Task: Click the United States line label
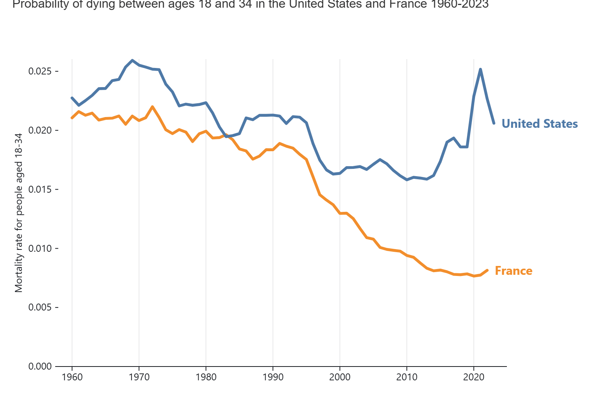click(539, 124)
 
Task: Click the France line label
click(513, 271)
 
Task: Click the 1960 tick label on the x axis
click(72, 377)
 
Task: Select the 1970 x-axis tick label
click(139, 377)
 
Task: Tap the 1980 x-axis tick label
click(206, 377)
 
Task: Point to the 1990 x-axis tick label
click(273, 377)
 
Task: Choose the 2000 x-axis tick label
click(340, 377)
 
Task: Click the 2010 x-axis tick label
click(407, 377)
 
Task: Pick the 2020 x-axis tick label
click(474, 377)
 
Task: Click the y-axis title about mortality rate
click(19, 213)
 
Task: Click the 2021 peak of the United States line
click(480, 69)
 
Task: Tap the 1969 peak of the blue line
click(132, 61)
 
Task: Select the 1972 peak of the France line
click(152, 107)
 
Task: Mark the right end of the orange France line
click(487, 270)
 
